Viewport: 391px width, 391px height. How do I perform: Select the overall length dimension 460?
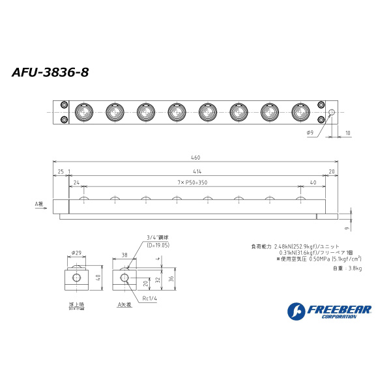click(195, 158)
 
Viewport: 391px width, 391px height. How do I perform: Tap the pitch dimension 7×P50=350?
click(192, 183)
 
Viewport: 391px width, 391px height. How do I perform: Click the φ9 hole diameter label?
click(310, 133)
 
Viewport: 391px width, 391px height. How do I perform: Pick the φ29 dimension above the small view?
click(76, 252)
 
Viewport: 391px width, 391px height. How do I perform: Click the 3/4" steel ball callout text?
click(158, 238)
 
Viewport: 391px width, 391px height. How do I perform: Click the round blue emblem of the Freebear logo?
click(295, 311)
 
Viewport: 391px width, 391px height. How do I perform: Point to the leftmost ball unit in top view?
click(83, 112)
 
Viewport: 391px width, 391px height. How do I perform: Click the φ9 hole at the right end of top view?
click(331, 113)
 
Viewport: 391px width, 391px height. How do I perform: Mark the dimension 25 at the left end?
click(60, 171)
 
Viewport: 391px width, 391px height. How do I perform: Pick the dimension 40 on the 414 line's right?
click(313, 183)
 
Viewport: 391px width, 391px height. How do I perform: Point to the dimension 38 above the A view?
click(124, 256)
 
